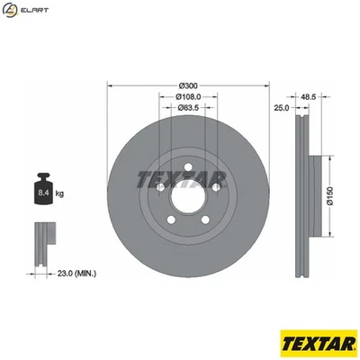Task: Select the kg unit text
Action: tap(59, 193)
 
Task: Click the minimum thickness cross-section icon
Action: tap(41, 242)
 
